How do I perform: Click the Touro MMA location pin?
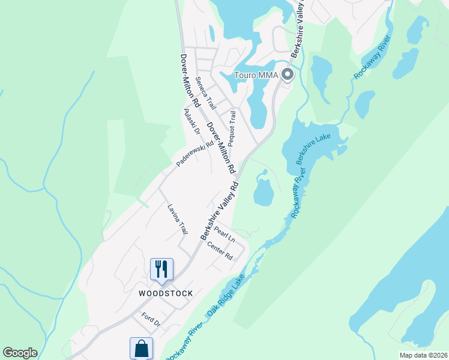pos(287,75)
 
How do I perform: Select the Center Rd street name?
pos(219,251)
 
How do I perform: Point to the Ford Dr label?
pos(151,319)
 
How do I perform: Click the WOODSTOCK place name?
pos(166,293)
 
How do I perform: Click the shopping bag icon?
pos(141,348)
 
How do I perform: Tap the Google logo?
pos(20,353)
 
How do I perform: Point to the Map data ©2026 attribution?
pos(423,355)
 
